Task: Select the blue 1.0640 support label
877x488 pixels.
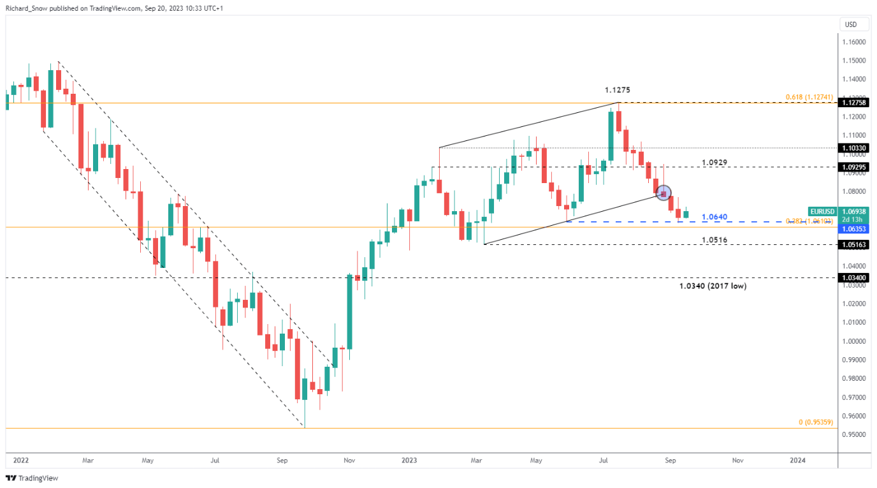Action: [x=714, y=217]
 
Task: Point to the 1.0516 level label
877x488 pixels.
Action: [x=714, y=240]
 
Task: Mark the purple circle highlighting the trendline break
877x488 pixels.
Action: [x=663, y=193]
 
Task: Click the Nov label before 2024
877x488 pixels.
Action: [x=737, y=460]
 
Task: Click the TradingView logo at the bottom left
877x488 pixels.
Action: [x=32, y=478]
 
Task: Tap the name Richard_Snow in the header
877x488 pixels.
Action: [x=25, y=8]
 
